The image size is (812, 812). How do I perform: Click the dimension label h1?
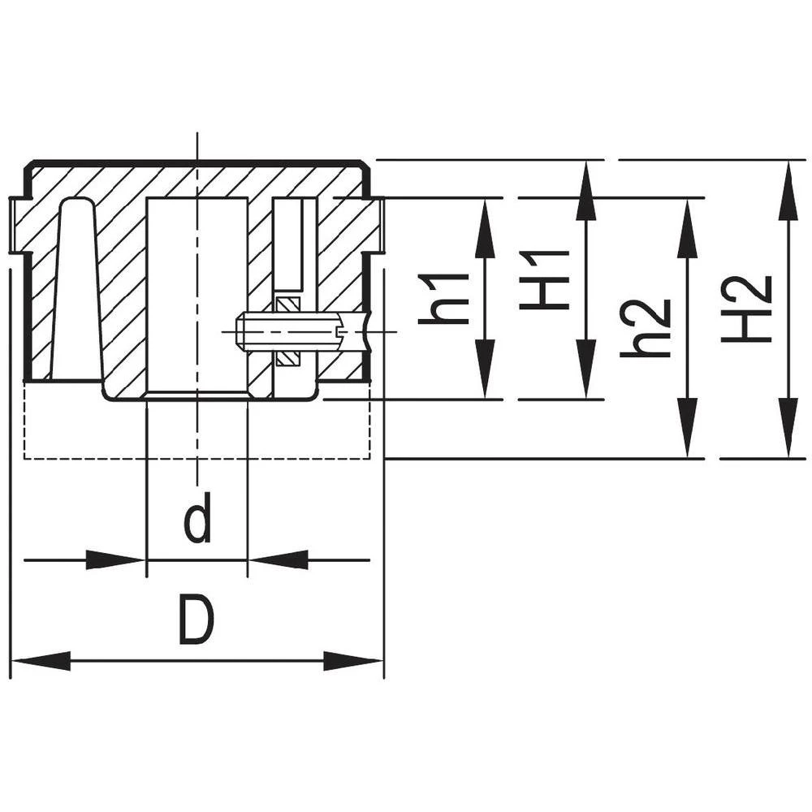(x=444, y=299)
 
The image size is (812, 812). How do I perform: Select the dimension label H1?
(x=546, y=280)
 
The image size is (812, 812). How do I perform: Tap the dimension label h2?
(x=646, y=328)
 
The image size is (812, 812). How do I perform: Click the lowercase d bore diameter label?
(x=197, y=520)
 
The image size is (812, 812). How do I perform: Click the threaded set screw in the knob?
(x=288, y=332)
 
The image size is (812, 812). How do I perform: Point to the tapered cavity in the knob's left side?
(x=76, y=292)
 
